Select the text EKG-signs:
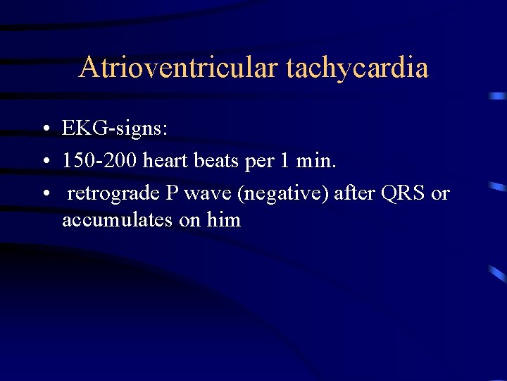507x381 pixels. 115,128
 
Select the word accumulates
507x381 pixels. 118,219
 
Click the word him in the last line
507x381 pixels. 224,219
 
